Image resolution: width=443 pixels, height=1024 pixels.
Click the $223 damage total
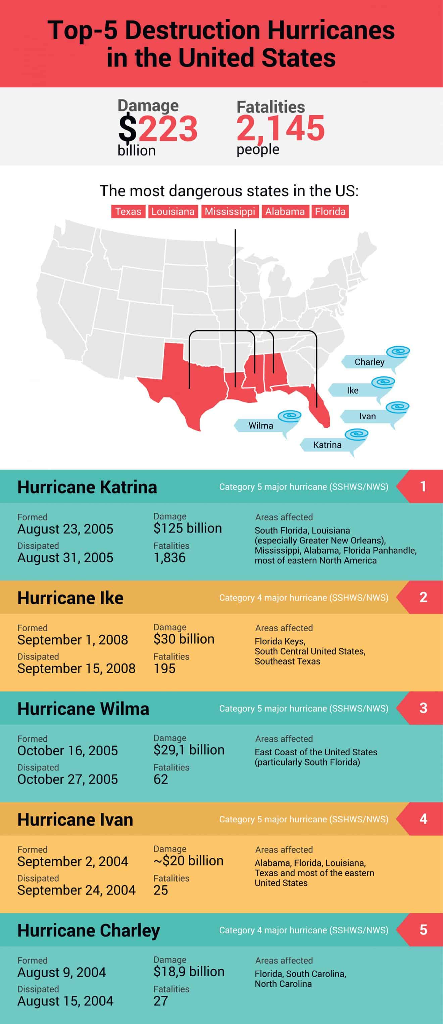click(x=158, y=128)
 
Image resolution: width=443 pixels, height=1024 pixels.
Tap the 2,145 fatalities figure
click(x=280, y=128)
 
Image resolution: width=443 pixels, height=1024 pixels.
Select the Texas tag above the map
click(x=128, y=211)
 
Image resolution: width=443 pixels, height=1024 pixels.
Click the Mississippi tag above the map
click(x=230, y=211)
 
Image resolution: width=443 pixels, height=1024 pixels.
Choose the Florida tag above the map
click(x=330, y=211)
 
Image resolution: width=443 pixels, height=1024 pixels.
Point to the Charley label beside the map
click(x=369, y=362)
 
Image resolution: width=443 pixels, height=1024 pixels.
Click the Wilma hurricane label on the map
click(x=261, y=426)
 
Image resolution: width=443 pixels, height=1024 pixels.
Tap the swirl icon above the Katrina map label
click(x=356, y=434)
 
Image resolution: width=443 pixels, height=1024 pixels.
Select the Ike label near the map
click(x=352, y=390)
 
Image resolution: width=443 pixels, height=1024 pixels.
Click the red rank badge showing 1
click(x=423, y=486)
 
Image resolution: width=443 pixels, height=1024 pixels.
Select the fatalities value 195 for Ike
click(x=164, y=669)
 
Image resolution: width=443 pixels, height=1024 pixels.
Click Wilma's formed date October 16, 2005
click(x=67, y=751)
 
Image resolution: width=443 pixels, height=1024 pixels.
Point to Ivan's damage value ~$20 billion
click(x=189, y=861)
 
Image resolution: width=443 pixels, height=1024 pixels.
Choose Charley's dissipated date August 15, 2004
click(x=65, y=1001)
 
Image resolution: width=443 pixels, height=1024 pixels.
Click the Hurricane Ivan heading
click(x=75, y=820)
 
